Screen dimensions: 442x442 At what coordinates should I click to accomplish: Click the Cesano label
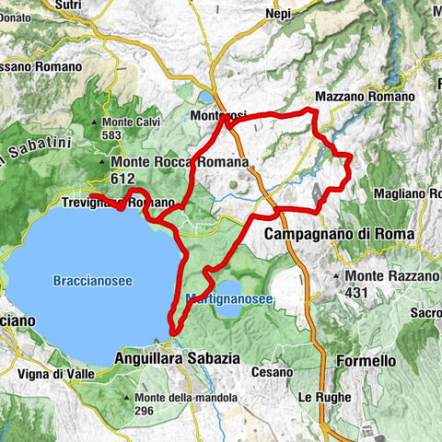pyautogui.click(x=273, y=372)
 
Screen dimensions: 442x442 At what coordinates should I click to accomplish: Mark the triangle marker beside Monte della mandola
pyautogui.click(x=127, y=398)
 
